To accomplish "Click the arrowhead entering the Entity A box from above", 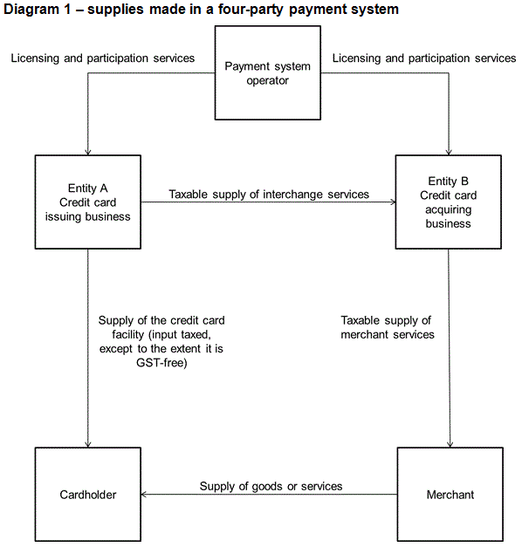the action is click(x=88, y=152).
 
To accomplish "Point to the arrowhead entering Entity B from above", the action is click(x=449, y=152).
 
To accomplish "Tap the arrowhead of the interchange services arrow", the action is click(x=393, y=202).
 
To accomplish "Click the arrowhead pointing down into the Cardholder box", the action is click(x=88, y=444).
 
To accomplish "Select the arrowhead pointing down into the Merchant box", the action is click(x=450, y=444).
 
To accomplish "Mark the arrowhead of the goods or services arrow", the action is click(x=144, y=495).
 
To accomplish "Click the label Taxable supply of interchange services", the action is click(x=269, y=195).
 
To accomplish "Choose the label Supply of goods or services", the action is click(x=271, y=486).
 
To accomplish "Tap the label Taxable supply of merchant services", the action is click(x=388, y=327).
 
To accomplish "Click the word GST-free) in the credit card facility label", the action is click(x=161, y=363).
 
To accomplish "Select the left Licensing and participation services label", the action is click(x=103, y=58).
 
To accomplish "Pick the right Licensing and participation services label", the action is click(x=424, y=58).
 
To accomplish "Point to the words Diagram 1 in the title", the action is click(x=37, y=9).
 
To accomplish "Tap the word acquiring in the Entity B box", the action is click(x=449, y=209).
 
